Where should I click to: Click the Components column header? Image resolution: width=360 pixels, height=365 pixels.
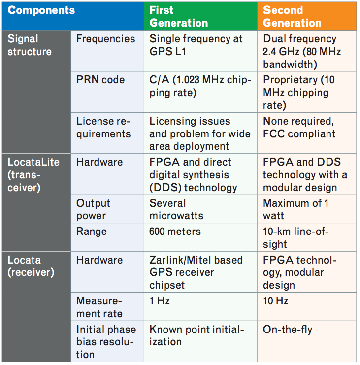[73, 16]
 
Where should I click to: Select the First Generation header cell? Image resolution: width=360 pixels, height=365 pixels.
[200, 16]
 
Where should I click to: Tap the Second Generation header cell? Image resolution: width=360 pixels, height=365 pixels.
[307, 16]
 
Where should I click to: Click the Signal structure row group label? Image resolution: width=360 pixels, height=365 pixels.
[36, 92]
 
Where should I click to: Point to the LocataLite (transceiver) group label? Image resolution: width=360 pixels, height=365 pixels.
[36, 202]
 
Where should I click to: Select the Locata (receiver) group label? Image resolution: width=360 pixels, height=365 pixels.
[36, 306]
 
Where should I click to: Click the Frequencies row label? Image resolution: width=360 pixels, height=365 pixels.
[107, 51]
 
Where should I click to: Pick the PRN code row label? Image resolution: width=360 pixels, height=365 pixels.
[107, 92]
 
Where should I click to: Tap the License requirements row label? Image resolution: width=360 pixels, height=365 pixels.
[107, 133]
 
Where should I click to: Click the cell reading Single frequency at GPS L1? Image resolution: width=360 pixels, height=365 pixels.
[200, 51]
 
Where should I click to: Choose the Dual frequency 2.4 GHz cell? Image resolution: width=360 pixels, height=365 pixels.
[307, 51]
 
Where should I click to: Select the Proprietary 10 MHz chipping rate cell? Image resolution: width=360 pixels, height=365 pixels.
[307, 92]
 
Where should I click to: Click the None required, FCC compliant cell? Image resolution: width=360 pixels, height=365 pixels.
[307, 133]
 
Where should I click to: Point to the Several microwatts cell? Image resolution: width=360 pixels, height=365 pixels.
[200, 209]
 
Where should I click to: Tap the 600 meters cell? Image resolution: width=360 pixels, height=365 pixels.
[200, 237]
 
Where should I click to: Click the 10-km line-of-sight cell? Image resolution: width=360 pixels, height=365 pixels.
[307, 237]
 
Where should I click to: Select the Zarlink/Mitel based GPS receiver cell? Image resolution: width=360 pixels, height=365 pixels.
[200, 272]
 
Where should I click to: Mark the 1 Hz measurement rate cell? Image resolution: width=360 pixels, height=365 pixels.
[200, 306]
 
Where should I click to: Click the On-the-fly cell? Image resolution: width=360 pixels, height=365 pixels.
[307, 341]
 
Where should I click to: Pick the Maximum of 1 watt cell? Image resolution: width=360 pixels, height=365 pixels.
[307, 209]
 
